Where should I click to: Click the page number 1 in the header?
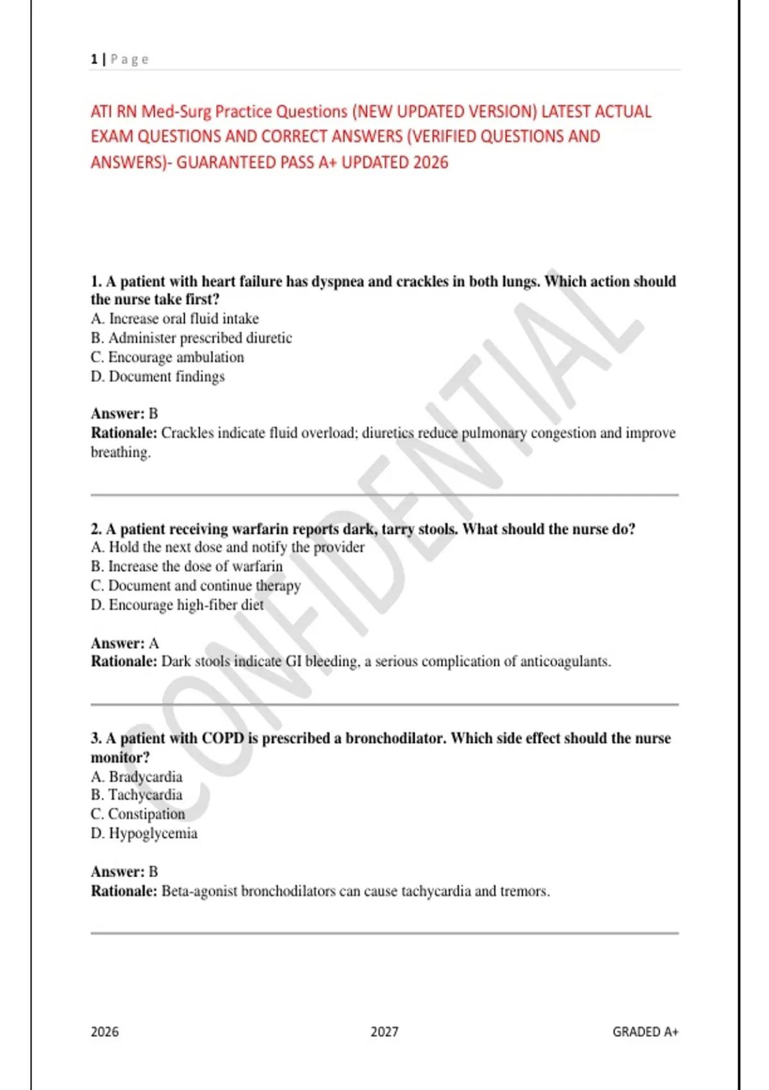click(94, 60)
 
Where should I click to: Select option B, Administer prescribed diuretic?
click(191, 338)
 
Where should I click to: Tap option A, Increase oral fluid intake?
click(174, 319)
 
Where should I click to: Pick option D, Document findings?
click(158, 376)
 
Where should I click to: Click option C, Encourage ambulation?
click(167, 357)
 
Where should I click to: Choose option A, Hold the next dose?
click(227, 548)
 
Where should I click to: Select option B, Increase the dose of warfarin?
click(186, 567)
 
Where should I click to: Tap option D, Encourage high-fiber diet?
click(177, 605)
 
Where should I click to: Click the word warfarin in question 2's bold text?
click(260, 530)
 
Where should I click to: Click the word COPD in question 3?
click(222, 739)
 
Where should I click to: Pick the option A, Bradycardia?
click(136, 777)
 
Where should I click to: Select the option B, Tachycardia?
click(136, 795)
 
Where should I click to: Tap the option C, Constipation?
click(138, 814)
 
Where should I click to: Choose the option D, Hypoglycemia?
click(144, 834)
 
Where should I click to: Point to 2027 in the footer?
click(384, 1032)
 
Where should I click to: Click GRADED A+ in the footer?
click(645, 1032)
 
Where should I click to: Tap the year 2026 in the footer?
click(104, 1032)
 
